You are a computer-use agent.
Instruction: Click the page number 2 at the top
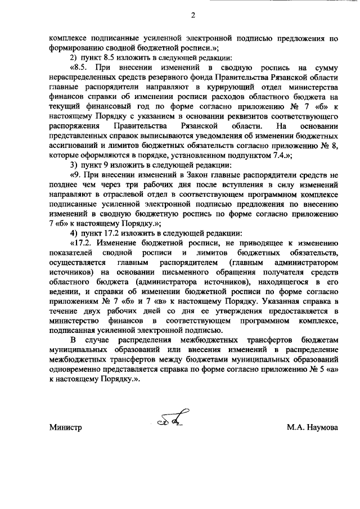(192, 16)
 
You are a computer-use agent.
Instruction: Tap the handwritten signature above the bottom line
(168, 418)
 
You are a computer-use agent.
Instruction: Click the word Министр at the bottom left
(66, 427)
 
